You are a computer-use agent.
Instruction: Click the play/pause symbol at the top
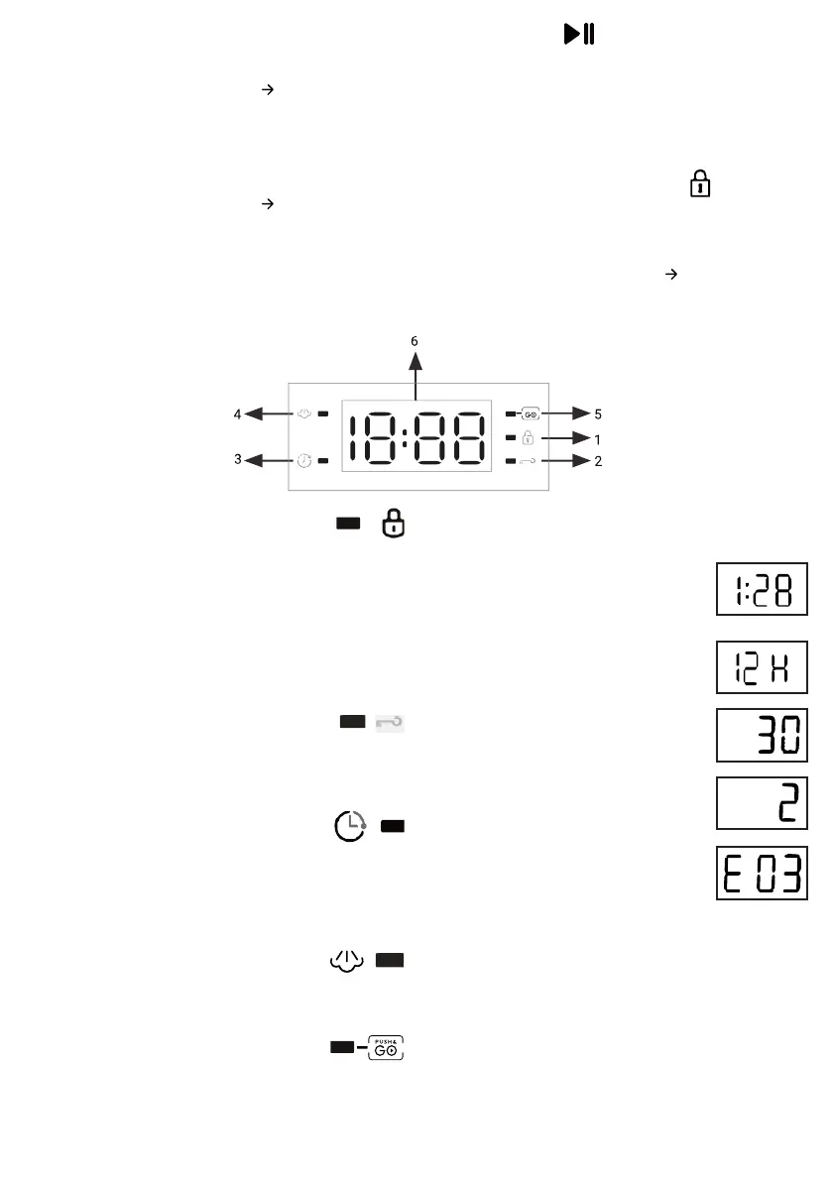(579, 34)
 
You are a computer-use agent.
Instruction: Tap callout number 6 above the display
(415, 341)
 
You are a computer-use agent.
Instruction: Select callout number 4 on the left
(237, 413)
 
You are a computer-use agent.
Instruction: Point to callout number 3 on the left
(238, 459)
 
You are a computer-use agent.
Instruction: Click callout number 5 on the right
(598, 413)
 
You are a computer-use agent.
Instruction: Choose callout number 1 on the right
(598, 439)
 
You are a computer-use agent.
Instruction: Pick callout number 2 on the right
(598, 461)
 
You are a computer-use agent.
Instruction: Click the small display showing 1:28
(762, 589)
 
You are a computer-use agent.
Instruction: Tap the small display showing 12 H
(762, 667)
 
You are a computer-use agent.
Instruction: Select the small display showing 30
(762, 735)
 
